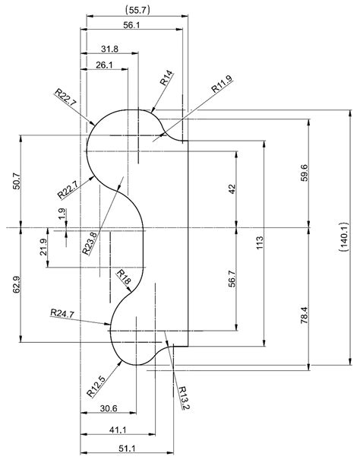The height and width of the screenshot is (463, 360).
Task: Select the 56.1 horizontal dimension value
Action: coord(131,26)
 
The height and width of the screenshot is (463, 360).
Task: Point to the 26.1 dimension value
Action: coord(106,65)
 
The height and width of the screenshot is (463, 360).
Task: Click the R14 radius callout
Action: coord(166,78)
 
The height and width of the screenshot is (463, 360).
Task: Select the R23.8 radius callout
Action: coord(90,243)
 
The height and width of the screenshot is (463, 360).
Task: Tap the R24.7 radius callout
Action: coord(62,312)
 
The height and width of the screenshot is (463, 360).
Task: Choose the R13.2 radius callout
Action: coord(183,397)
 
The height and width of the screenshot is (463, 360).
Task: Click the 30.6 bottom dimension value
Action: coord(109,409)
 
